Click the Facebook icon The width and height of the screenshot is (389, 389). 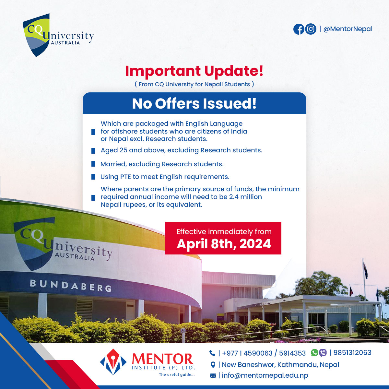tap(299, 29)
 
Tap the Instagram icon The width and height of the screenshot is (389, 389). tap(311, 29)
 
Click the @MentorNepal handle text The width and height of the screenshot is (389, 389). tap(348, 29)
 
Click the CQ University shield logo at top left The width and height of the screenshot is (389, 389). tap(36, 35)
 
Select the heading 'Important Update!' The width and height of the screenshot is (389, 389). tap(194, 71)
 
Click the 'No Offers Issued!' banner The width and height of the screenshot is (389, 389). tap(194, 103)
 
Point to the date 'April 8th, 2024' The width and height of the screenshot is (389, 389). tap(224, 244)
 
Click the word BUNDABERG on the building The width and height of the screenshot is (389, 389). tap(71, 286)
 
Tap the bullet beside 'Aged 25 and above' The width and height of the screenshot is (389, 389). tap(93, 151)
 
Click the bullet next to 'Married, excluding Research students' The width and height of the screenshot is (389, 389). tap(93, 164)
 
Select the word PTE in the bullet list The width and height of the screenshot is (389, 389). tap(125, 177)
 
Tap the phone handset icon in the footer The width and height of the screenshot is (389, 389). tap(212, 353)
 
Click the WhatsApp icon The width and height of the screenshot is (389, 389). tap(314, 352)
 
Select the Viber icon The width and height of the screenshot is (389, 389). tap(323, 353)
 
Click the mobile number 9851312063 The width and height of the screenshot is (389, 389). tap(352, 352)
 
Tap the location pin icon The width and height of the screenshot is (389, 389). tap(213, 365)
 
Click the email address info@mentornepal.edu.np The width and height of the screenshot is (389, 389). tap(265, 375)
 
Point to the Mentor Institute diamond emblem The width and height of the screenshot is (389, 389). tap(113, 362)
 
